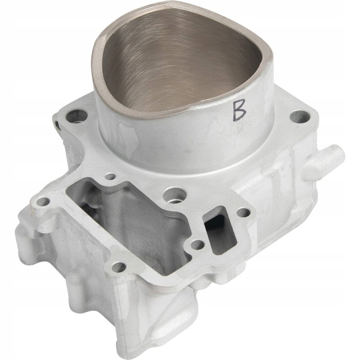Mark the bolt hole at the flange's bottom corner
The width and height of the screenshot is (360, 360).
[118, 267]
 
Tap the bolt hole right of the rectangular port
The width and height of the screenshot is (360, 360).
[243, 212]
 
